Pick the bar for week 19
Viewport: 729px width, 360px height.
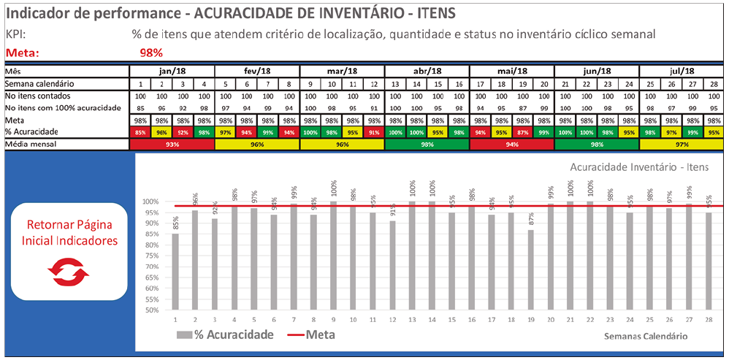[530, 269]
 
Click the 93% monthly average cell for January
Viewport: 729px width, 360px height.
[172, 145]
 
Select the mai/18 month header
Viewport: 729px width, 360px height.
[512, 71]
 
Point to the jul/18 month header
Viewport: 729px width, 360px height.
[682, 71]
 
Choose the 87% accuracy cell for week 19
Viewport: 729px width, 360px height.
[522, 132]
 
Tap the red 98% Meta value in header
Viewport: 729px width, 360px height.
[150, 53]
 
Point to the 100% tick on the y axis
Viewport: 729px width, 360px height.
[150, 202]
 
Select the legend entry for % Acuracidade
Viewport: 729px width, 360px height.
[226, 334]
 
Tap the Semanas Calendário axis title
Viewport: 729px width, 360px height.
[646, 336]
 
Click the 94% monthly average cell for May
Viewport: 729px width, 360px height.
[511, 145]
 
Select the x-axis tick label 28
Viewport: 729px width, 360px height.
[708, 319]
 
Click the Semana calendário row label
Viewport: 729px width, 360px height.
[39, 83]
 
